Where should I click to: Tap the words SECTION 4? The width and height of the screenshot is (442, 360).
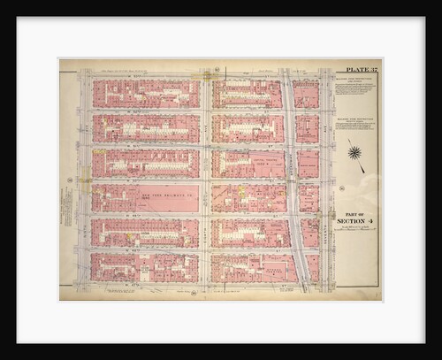click(x=357, y=222)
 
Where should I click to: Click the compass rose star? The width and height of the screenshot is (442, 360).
click(x=354, y=152)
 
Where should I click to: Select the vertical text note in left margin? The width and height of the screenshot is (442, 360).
click(x=65, y=212)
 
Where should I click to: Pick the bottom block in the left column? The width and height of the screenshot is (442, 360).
click(x=145, y=267)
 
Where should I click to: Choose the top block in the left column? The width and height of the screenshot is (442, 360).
click(x=145, y=94)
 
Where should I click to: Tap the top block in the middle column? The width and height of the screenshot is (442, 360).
click(x=247, y=94)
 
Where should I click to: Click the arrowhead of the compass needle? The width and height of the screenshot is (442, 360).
click(x=362, y=169)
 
